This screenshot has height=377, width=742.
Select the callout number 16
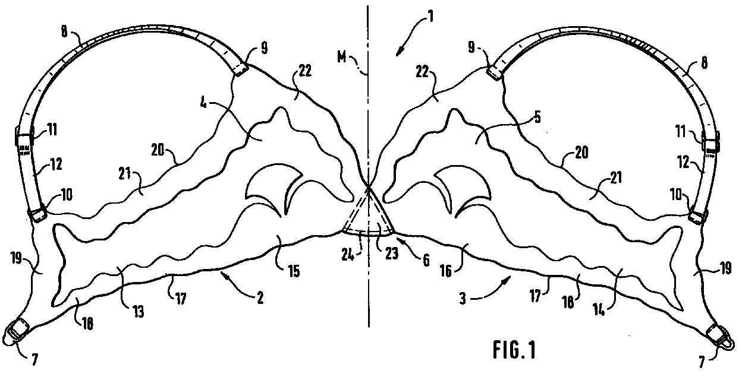pos(445,271)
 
